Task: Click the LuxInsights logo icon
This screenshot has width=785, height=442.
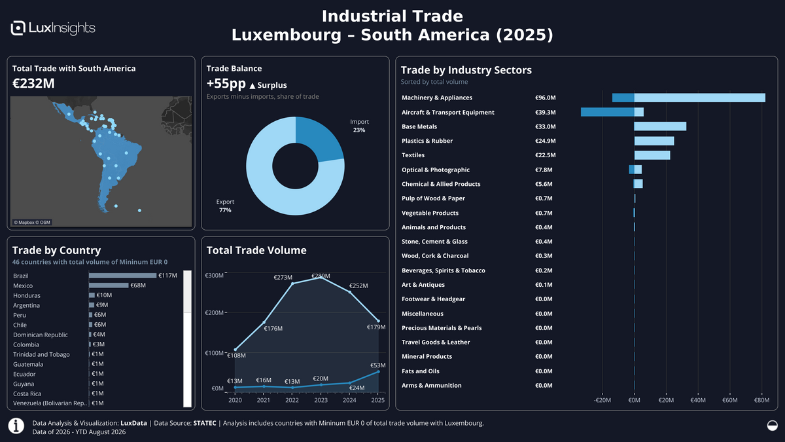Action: pos(18,28)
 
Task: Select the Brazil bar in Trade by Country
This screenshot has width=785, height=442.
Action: pos(123,276)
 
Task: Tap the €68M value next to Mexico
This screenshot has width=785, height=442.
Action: pos(138,285)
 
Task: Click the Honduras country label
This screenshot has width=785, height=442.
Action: pos(27,295)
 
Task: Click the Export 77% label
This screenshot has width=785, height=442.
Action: pos(225,206)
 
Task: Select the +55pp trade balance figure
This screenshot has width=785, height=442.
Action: pos(226,84)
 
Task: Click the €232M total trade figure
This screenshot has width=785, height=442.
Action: pos(33,84)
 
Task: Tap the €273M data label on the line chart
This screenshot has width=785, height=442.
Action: pos(283,278)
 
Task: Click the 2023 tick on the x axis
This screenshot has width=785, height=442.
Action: pos(321,400)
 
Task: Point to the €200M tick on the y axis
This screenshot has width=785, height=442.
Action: pos(214,312)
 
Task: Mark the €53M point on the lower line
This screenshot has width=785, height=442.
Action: pos(378,372)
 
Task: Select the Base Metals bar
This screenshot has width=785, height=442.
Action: pos(660,126)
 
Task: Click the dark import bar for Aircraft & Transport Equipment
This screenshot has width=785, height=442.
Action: pos(607,112)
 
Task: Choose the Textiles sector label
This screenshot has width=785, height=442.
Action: pos(413,155)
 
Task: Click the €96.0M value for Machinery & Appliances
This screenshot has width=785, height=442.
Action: pos(546,98)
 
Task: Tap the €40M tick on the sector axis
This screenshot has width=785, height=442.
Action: pos(698,400)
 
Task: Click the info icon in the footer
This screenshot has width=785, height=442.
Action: pos(16,426)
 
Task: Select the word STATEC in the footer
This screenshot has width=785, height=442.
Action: pos(205,423)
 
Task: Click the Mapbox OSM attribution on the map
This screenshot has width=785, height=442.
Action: pos(32,223)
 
